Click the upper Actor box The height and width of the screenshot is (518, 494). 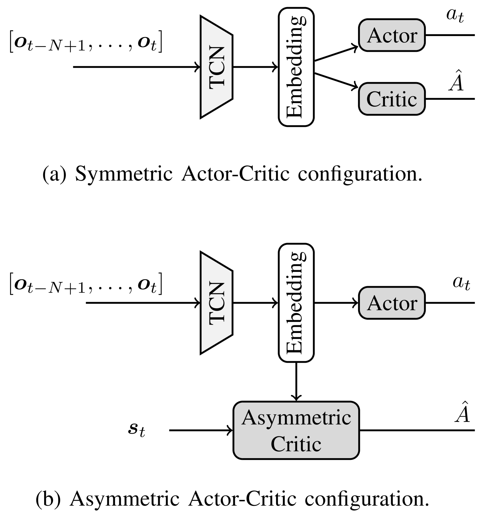click(392, 35)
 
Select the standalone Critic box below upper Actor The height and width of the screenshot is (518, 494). click(392, 99)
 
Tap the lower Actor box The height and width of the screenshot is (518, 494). click(392, 303)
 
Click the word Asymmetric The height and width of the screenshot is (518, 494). click(296, 418)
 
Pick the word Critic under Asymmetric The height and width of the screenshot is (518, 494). click(296, 444)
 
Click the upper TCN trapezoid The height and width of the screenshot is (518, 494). click(216, 67)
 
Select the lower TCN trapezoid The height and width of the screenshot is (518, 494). click(216, 303)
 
